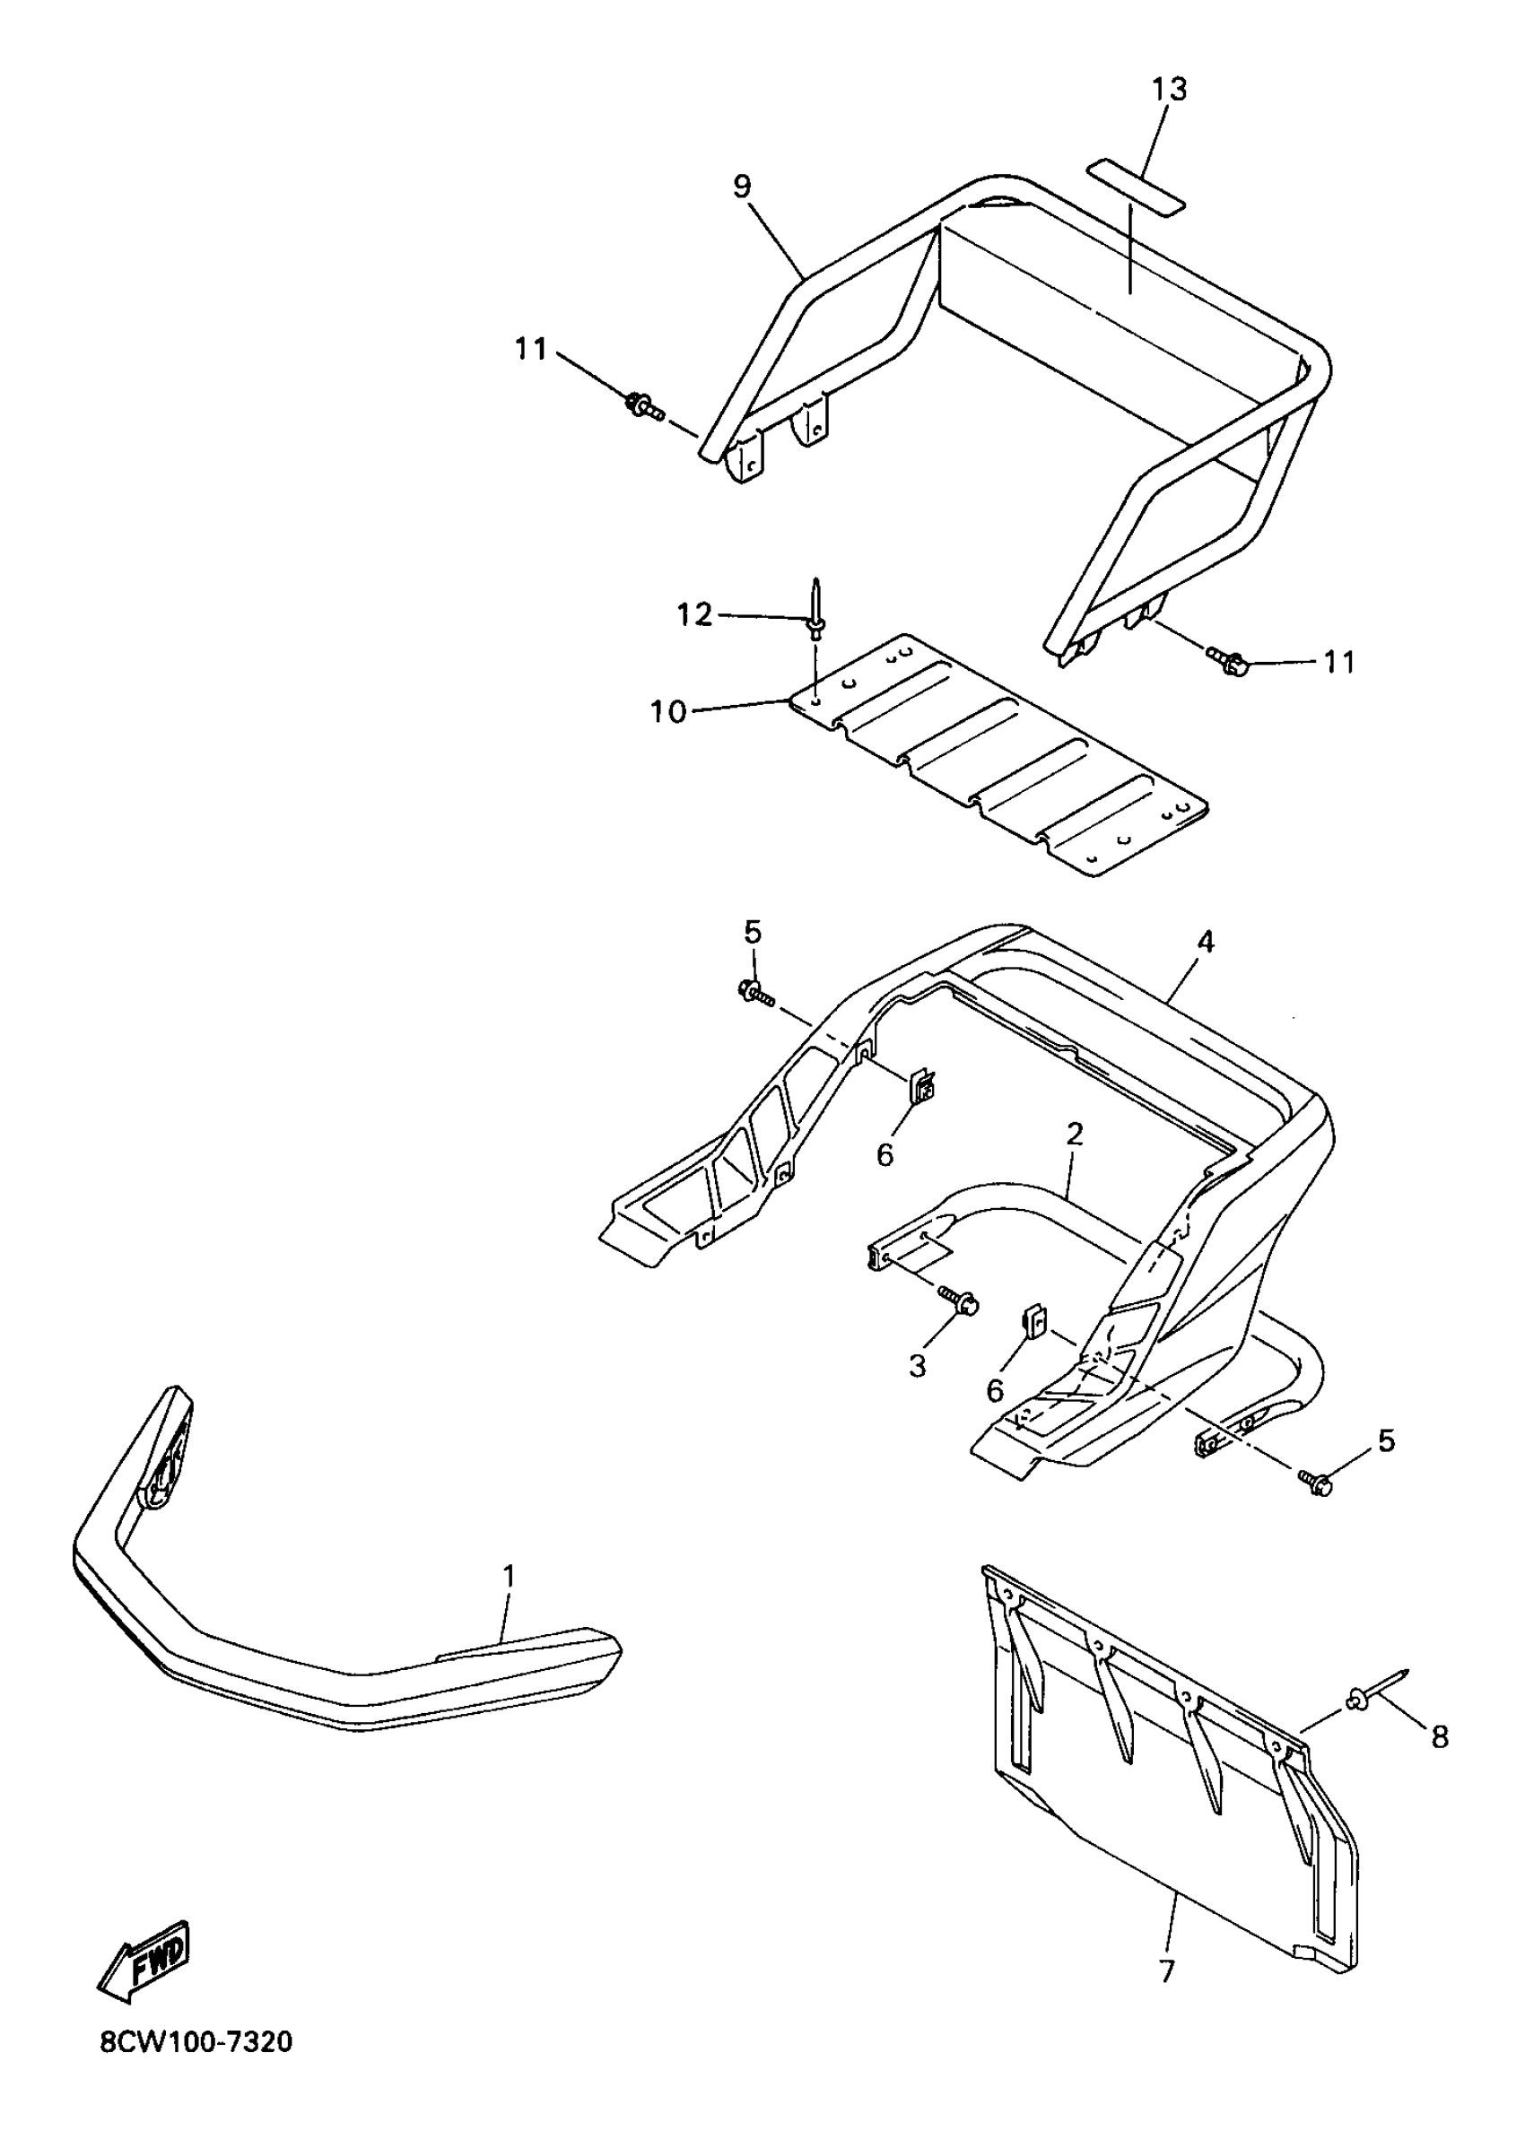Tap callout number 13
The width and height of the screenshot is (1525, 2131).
1169,89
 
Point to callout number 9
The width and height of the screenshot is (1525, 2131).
742,186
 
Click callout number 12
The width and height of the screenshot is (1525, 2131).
695,615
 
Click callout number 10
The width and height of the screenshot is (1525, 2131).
668,711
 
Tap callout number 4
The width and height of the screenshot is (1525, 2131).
1206,942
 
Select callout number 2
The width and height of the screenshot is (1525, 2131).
1076,1134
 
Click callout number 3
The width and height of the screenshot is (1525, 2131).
918,1365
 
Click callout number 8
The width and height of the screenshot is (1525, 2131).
1441,1737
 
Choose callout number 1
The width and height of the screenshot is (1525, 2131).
509,1576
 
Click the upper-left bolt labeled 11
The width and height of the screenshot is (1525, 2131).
643,406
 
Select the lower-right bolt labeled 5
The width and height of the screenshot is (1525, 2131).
1315,1483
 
